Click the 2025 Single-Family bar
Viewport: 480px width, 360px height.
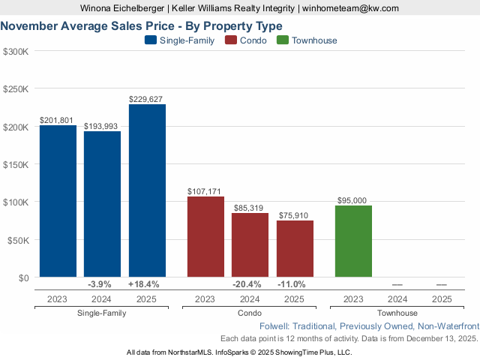[147, 190]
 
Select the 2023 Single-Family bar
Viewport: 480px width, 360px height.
[58, 201]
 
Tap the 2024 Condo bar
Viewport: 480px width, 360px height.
[250, 245]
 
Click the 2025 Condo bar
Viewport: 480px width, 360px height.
[295, 249]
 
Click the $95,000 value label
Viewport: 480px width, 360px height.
[353, 200]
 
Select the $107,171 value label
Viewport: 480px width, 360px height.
[205, 191]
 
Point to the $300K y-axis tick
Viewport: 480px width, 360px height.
[16, 52]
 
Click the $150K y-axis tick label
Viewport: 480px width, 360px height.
[16, 165]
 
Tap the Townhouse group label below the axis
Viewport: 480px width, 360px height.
[397, 313]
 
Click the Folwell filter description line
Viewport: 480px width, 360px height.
[368, 327]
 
